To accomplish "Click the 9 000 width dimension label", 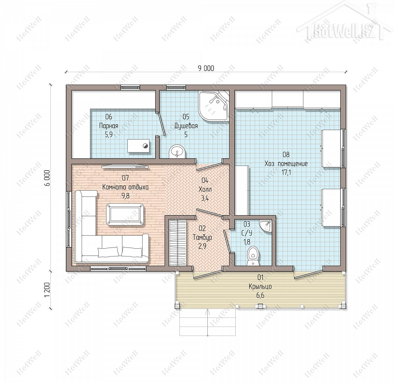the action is coord(206,68).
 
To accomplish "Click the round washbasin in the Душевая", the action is coord(177,151).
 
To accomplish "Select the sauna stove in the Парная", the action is coord(139,146).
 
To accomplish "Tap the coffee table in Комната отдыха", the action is coord(125,214).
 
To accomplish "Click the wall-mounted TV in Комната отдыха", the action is coord(125,167).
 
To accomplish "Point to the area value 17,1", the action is coord(286,173).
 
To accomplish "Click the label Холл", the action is coord(205,189).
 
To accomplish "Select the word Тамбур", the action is coord(202,237).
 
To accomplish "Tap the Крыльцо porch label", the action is coord(260,286).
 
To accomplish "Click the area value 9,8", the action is coord(125,196).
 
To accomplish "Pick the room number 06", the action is coord(109,117).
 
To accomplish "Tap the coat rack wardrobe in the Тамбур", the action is coord(178,242).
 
